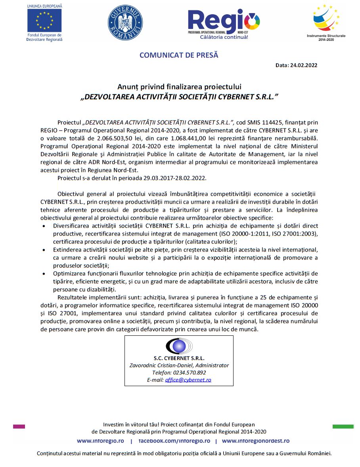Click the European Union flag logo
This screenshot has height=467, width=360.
coord(44,20)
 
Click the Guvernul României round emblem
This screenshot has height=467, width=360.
coord(125,23)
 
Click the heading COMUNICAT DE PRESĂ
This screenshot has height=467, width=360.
coord(179,55)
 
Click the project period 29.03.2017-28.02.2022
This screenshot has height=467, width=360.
coord(172,178)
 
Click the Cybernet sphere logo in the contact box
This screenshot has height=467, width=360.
coord(179,346)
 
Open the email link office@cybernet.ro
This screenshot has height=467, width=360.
coord(188,380)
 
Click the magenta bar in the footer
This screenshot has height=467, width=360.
coord(19,427)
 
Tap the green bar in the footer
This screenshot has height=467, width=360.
coord(343,427)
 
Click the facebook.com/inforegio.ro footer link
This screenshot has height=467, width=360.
coord(174,441)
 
